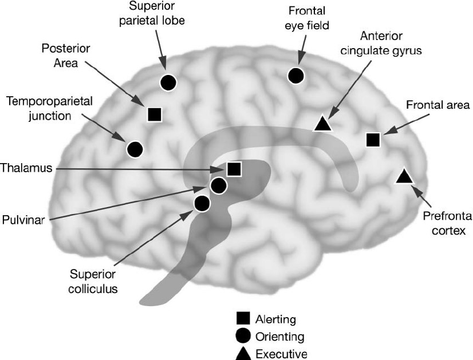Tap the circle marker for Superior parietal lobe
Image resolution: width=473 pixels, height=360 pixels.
point(168,82)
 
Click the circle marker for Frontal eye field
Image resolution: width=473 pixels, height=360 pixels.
point(296,75)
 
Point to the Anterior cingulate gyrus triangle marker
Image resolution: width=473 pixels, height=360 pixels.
point(322,123)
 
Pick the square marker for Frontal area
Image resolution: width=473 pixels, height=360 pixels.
point(373,139)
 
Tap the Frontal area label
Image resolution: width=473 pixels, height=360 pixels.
point(438,105)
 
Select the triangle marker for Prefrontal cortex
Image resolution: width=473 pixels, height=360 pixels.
point(404,176)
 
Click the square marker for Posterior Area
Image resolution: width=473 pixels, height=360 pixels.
point(153,114)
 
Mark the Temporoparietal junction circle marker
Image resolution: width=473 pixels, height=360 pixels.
point(134,149)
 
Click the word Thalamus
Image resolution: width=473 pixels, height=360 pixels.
point(26,168)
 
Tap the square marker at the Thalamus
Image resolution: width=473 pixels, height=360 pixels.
point(233,169)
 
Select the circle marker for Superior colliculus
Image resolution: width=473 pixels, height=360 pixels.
point(202,203)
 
